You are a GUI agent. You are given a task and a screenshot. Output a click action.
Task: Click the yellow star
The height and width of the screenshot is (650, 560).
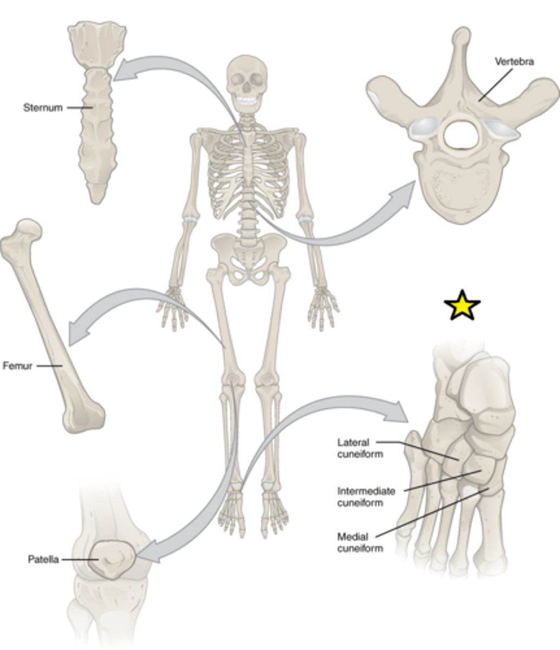(x=462, y=305)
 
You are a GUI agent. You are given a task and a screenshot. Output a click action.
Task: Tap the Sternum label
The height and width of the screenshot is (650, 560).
(x=43, y=108)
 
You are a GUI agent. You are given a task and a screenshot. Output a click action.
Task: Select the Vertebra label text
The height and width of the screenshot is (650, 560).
(x=515, y=62)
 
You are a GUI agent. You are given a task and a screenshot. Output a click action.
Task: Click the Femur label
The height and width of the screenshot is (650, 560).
(x=17, y=366)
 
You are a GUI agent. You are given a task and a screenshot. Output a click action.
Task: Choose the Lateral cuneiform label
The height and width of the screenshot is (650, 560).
(x=360, y=448)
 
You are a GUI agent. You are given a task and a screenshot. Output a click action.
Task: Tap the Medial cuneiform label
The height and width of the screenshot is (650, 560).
(x=360, y=542)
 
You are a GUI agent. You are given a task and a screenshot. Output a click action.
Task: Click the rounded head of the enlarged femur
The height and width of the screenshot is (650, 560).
(x=29, y=229)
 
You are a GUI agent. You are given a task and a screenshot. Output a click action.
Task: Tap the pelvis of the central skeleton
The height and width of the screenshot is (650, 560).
(x=249, y=258)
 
